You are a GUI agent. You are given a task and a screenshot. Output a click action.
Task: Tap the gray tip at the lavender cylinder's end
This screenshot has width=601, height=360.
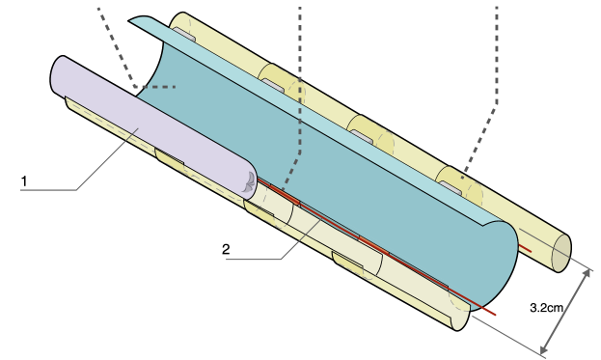click(250, 180)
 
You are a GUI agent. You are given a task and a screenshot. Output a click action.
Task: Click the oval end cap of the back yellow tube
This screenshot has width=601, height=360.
click(560, 253)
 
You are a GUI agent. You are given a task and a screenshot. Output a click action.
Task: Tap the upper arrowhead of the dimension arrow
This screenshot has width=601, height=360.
click(586, 273)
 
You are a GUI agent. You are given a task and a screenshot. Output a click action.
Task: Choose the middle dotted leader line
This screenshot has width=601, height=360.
click(300, 97)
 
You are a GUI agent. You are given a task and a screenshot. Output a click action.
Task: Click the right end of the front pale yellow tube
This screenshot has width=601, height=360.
click(460, 314)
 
